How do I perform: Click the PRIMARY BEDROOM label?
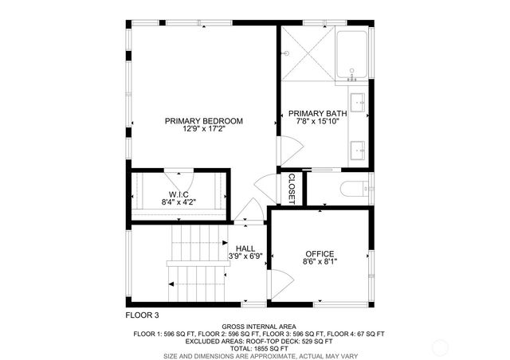(203, 121)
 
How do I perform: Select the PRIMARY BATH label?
(317, 113)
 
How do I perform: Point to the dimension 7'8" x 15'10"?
(317, 122)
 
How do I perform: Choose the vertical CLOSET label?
(291, 188)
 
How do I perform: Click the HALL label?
(245, 248)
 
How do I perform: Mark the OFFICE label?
(320, 253)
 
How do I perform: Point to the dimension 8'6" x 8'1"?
(320, 262)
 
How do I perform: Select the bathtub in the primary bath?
(352, 55)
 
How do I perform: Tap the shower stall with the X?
(306, 54)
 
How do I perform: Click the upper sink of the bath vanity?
(359, 102)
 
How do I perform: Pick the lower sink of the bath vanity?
(359, 148)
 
